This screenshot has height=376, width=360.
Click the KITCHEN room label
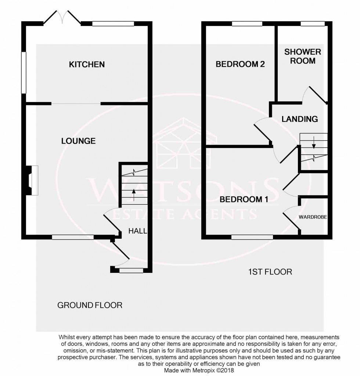point(87,65)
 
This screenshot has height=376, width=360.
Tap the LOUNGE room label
point(78,141)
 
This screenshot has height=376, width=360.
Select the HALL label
point(137,231)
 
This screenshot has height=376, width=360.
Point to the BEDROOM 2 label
point(240,65)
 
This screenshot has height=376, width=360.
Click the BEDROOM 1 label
point(244,200)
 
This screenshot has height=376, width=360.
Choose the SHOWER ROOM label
point(303,56)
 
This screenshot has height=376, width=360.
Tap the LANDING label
point(299,119)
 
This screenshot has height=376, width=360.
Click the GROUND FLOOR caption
point(90,305)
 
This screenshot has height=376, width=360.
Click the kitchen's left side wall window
point(24,72)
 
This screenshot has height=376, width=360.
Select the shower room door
point(316,95)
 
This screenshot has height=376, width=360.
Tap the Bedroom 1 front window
point(252,237)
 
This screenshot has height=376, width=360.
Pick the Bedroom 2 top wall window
point(247,24)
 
